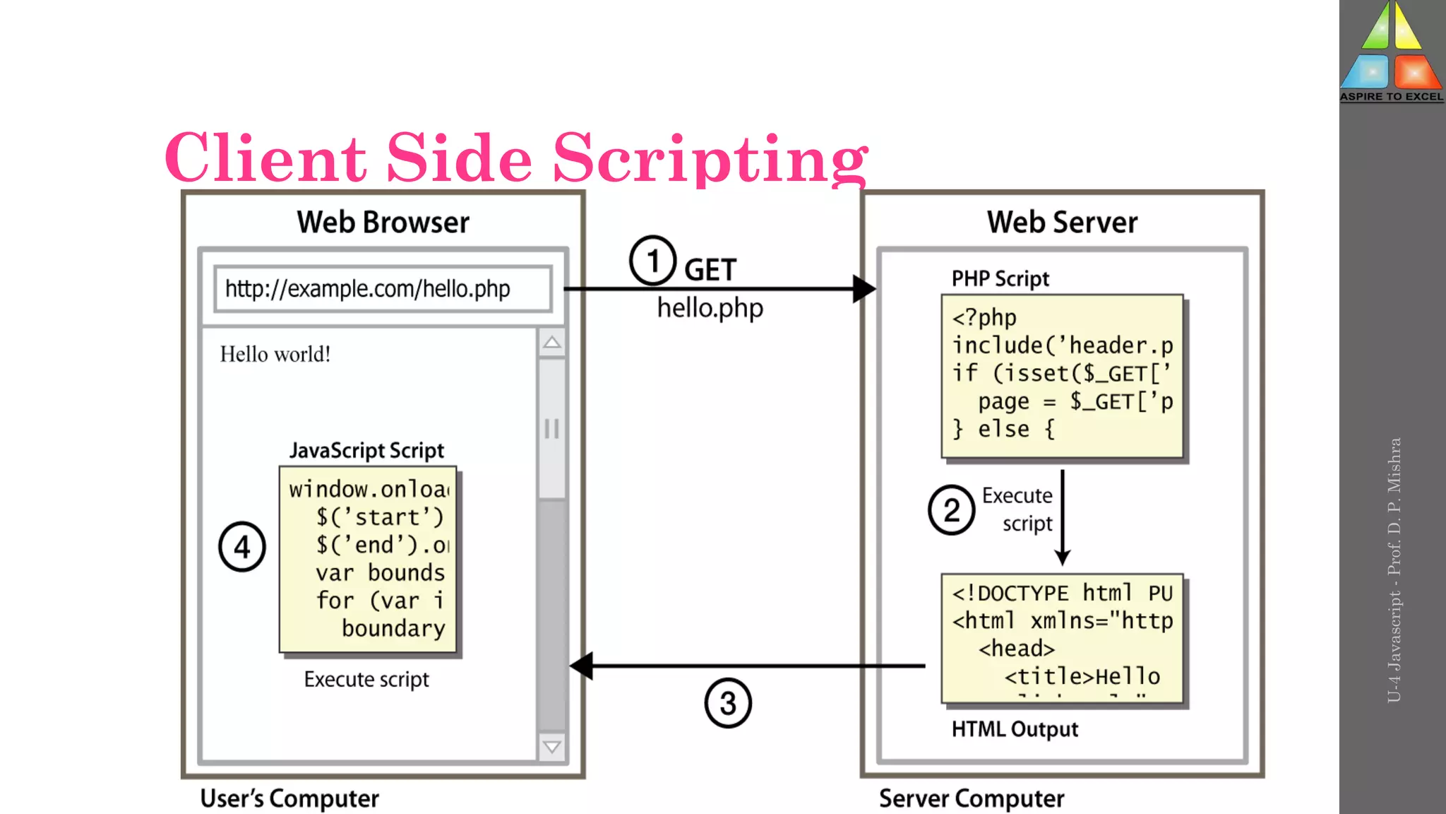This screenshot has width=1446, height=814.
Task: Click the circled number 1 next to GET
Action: point(652,261)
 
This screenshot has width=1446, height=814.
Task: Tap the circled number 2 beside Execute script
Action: point(951,509)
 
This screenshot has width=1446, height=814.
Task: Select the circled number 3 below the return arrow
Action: point(728,703)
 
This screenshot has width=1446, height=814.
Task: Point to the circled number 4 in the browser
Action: point(242,547)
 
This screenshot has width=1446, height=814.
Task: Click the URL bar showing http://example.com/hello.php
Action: point(382,288)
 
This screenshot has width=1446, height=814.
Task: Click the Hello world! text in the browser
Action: point(275,354)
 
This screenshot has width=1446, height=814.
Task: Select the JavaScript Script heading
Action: point(366,450)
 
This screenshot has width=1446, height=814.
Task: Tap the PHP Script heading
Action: point(1000,278)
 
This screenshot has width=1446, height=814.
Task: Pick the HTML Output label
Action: point(1015,729)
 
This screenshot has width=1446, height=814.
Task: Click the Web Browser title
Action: point(383,222)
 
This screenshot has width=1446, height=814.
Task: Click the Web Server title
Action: point(1062,222)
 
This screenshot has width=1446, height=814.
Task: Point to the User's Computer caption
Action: point(289,798)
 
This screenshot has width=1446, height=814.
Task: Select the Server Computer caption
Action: point(971,798)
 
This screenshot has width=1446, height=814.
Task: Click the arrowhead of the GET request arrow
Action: point(864,289)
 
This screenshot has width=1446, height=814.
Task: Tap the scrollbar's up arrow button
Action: point(552,343)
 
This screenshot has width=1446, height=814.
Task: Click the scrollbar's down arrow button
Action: point(552,747)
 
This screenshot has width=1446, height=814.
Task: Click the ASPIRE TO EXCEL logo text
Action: point(1391,97)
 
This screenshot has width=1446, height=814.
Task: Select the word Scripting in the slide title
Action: point(710,158)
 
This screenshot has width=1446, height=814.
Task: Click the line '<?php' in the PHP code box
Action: point(984,318)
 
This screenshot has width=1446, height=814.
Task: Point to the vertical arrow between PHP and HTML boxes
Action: point(1063,516)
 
